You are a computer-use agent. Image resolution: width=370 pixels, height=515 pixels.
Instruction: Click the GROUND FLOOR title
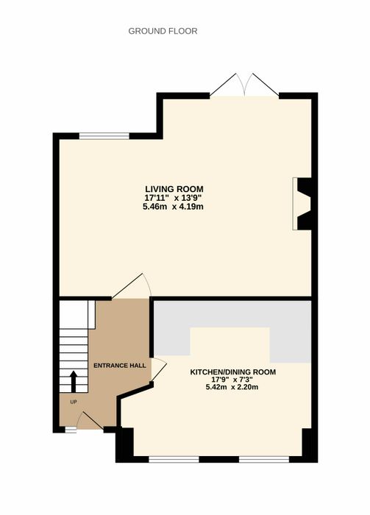(x=163, y=31)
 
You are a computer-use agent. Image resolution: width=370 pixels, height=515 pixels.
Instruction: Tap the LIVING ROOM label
(x=174, y=189)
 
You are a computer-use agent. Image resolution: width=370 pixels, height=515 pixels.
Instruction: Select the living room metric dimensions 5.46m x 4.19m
(x=173, y=207)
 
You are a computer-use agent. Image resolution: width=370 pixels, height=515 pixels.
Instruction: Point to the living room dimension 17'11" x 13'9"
(x=173, y=198)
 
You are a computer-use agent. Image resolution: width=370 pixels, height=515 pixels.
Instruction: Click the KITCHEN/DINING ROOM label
(x=232, y=372)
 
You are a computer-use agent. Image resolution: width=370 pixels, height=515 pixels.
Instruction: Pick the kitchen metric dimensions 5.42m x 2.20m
(x=232, y=387)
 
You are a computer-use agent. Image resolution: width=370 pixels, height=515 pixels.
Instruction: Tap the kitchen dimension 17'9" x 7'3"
(x=232, y=380)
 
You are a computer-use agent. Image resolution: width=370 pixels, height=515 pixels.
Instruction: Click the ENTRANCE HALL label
(x=120, y=366)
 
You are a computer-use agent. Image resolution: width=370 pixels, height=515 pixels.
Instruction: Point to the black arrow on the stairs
(x=74, y=381)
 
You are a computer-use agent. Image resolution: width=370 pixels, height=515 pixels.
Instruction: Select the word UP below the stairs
(x=74, y=402)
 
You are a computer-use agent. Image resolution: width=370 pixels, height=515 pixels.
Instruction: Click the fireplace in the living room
(x=302, y=204)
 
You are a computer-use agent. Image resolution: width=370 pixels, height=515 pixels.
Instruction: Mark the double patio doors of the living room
(x=245, y=85)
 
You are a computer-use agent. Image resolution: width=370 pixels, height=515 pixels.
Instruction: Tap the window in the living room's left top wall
(x=104, y=136)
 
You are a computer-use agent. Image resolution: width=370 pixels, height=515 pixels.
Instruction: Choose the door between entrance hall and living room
(x=132, y=286)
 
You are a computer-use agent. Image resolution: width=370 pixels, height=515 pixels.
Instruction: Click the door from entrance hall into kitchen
(x=159, y=369)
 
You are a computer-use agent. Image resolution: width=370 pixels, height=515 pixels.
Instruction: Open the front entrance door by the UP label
(x=90, y=420)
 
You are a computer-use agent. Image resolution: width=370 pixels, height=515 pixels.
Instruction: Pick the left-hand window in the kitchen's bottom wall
(x=174, y=459)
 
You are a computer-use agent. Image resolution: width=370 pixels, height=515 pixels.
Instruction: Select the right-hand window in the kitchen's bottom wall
(x=264, y=459)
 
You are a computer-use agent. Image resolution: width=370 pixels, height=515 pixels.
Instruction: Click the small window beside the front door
(x=71, y=430)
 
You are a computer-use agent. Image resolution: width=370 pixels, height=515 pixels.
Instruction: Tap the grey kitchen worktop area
(x=232, y=314)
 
